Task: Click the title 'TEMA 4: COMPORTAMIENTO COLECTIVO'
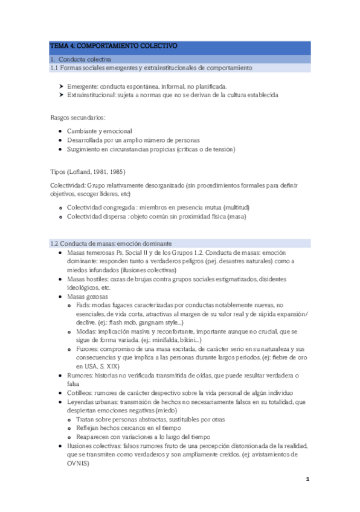point(113,46)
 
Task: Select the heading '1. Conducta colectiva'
point(80,59)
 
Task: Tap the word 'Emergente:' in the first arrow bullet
point(82,86)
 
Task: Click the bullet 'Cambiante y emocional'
point(99,131)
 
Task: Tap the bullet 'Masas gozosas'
point(88,297)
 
